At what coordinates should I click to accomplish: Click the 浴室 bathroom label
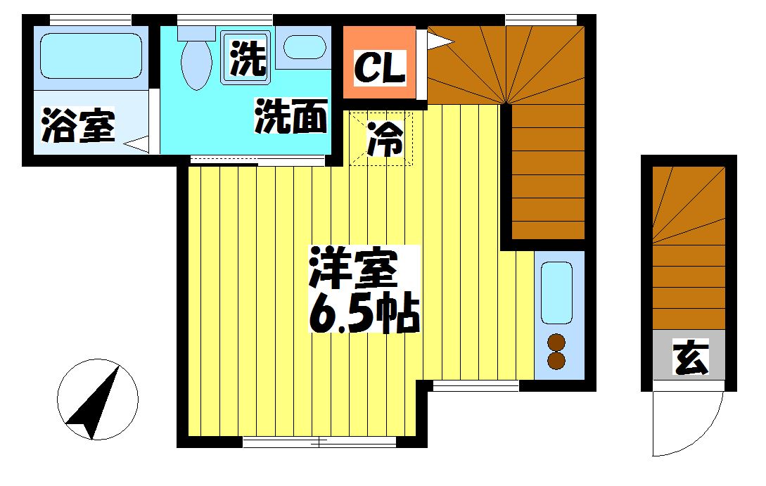pos(78,127)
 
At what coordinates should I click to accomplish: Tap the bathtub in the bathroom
pos(92,57)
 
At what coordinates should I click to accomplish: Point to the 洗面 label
pos(291,117)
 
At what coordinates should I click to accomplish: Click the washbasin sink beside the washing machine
pos(305,48)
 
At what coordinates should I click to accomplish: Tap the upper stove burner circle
pos(556,343)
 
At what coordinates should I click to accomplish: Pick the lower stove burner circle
pos(556,361)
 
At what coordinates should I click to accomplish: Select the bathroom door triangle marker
pos(138,145)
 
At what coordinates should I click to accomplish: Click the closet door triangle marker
pos(437,41)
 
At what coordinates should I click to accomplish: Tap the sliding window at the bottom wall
pos(320,442)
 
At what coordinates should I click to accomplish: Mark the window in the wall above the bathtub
pos(91,19)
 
